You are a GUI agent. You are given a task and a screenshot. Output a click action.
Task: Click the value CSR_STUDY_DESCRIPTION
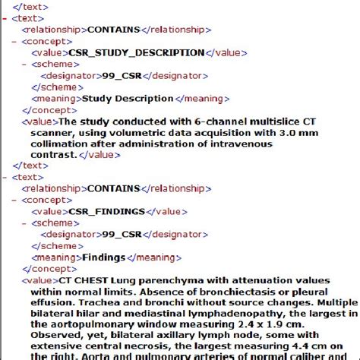(137, 53)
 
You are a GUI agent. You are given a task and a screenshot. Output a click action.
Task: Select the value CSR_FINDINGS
(106, 211)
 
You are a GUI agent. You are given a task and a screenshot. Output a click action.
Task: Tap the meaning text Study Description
(128, 98)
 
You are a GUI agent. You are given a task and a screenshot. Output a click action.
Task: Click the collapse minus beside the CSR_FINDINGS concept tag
(15, 200)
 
